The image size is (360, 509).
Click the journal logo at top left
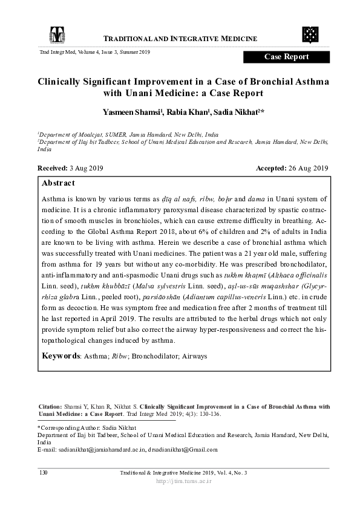56,36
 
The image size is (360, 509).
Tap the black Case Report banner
286,57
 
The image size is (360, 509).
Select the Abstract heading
59,183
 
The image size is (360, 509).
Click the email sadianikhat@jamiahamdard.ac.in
99,449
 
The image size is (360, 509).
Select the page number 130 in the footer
43,472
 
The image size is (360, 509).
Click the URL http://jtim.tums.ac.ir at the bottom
180,481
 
